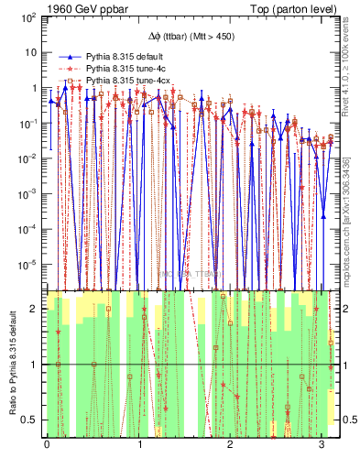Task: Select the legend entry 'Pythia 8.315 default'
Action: point(124,56)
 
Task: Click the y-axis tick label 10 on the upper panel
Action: point(30,53)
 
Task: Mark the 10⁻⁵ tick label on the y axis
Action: point(27,264)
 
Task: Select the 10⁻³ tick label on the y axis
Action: point(27,193)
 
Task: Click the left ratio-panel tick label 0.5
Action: point(30,420)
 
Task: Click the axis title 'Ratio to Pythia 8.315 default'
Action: point(12,364)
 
